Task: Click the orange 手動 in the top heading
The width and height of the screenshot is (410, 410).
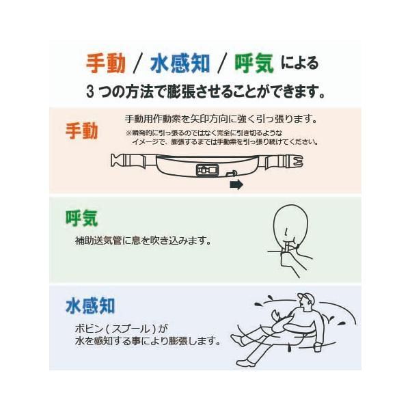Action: (x=106, y=64)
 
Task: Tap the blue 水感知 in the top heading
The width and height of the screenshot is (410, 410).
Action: (x=180, y=64)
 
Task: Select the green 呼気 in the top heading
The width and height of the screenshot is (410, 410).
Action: (x=254, y=64)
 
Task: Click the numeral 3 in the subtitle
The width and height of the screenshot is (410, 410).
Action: (x=90, y=92)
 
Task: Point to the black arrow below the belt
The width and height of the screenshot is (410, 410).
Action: (x=236, y=184)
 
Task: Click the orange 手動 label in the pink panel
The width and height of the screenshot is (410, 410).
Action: (x=81, y=131)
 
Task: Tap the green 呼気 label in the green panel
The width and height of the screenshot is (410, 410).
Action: (x=81, y=218)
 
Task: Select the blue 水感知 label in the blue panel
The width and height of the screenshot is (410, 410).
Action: (x=90, y=305)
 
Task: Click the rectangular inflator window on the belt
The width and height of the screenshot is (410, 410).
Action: (x=207, y=170)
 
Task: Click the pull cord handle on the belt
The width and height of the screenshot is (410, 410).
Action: (x=232, y=174)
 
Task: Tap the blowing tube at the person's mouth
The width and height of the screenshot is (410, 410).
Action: (x=286, y=247)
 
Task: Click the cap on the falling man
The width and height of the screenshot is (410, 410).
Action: (x=307, y=297)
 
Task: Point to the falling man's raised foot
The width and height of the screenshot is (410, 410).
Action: (x=237, y=340)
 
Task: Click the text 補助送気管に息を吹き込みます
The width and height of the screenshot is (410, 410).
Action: (x=143, y=241)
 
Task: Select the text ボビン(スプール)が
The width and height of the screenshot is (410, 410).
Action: (x=122, y=329)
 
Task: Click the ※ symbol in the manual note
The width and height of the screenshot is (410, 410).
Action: (x=128, y=133)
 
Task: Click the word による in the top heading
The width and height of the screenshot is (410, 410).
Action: (x=300, y=64)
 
